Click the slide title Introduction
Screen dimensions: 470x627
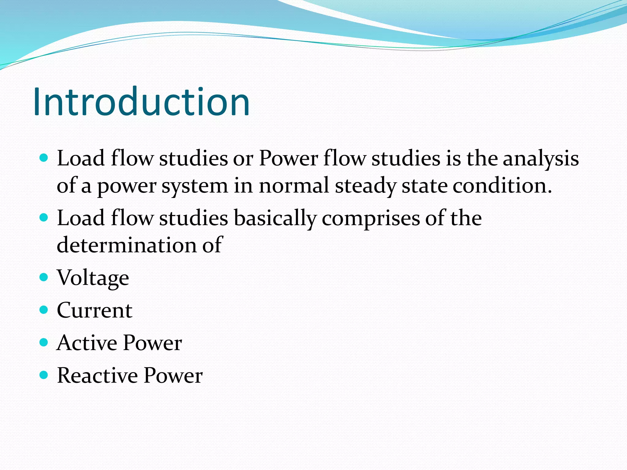[141, 102]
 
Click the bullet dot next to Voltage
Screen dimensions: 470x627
[44, 277]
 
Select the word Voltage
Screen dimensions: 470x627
[93, 278]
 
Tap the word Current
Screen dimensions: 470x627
[95, 310]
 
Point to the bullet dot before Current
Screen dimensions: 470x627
[44, 310]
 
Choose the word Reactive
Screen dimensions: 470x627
[97, 375]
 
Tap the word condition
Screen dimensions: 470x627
[502, 186]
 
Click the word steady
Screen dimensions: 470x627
[365, 186]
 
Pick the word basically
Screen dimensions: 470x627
[275, 218]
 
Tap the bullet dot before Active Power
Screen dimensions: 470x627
[44, 342]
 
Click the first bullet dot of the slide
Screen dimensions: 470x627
[44, 158]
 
